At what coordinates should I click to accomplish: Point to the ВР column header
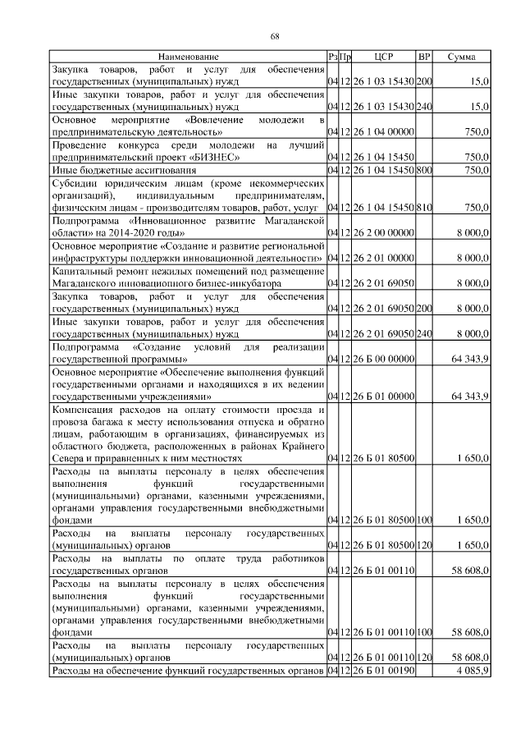pos(424,57)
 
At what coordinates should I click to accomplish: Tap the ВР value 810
pos(424,209)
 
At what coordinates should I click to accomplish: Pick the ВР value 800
pos(424,169)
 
